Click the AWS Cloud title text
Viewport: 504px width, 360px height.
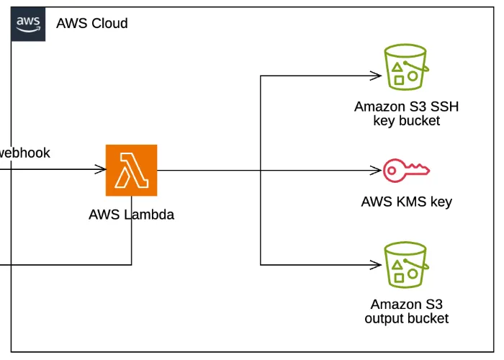pyautogui.click(x=92, y=24)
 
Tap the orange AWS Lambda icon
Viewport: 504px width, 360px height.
pyautogui.click(x=131, y=170)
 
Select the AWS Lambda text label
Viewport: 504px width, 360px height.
pyautogui.click(x=131, y=215)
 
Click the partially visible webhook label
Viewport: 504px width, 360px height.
pyautogui.click(x=24, y=153)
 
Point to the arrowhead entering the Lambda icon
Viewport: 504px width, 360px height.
pyautogui.click(x=102, y=170)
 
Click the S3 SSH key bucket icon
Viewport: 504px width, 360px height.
pyautogui.click(x=406, y=67)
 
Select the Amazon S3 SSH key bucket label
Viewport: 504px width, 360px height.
pyautogui.click(x=406, y=114)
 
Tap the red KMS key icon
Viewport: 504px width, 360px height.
pyautogui.click(x=406, y=171)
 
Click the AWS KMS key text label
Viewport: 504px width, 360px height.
pyautogui.click(x=406, y=202)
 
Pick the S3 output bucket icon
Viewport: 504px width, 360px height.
pyautogui.click(x=406, y=264)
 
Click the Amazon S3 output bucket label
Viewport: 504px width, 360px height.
pyautogui.click(x=406, y=311)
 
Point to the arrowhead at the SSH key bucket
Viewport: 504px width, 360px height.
pyautogui.click(x=376, y=75)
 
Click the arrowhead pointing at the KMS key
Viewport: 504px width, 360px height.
pyautogui.click(x=376, y=171)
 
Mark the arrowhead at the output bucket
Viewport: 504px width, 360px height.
pyautogui.click(x=376, y=265)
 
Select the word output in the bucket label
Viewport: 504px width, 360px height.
pyautogui.click(x=385, y=318)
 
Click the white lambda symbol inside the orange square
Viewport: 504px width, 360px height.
pyautogui.click(x=131, y=170)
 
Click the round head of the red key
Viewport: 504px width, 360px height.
pyautogui.click(x=393, y=171)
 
